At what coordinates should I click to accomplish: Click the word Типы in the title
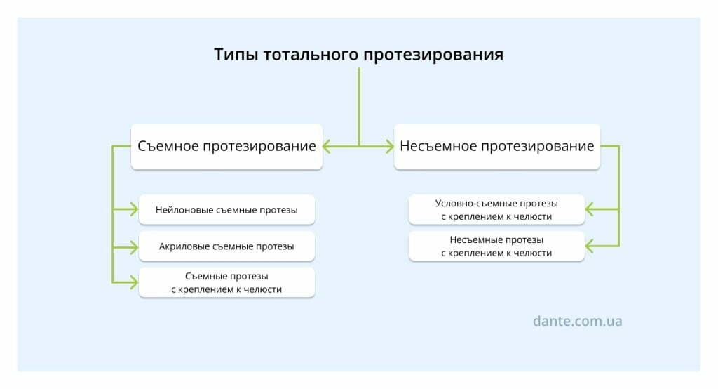236,55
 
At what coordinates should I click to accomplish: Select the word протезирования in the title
433,55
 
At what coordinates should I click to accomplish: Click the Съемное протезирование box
226,146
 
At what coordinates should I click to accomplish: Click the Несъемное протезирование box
497,146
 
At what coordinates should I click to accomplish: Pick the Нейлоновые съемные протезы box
226,210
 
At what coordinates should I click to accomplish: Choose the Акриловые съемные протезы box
226,246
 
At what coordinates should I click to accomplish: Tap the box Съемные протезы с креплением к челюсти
226,282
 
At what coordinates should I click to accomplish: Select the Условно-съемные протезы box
496,210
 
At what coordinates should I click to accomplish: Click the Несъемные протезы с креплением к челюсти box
496,246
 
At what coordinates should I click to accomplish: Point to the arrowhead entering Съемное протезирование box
327,146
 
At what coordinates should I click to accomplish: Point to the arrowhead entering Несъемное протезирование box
389,146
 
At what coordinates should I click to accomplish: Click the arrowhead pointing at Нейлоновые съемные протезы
134,210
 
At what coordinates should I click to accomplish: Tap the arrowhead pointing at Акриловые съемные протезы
134,248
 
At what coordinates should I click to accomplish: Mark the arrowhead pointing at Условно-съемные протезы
590,210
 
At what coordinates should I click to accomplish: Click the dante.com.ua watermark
578,321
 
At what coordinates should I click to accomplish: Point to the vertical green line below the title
358,107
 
